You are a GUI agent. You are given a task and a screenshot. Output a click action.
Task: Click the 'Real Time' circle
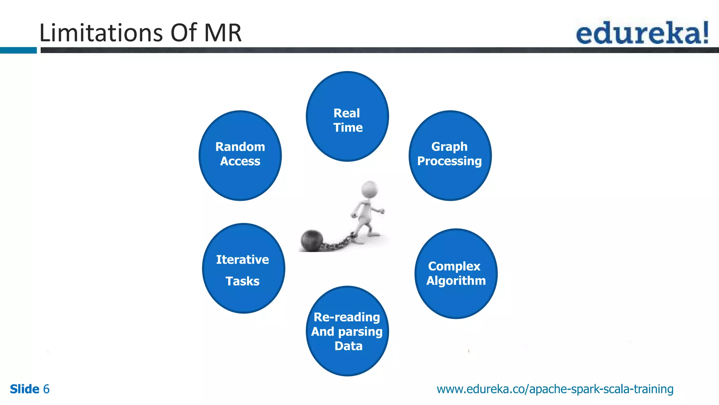pos(347,116)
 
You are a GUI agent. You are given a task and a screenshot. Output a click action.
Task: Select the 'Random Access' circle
pos(240,156)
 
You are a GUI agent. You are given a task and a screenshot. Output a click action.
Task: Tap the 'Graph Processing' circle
pos(450,156)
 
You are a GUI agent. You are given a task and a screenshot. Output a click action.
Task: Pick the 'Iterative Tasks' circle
pos(244,268)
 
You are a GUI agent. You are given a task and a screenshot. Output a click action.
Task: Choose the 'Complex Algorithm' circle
pos(456,274)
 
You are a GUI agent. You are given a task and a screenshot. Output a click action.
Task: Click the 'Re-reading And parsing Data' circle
pos(347,331)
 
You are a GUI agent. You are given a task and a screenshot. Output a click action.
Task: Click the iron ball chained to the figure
pos(312,240)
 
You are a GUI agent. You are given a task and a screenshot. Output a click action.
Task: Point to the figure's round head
pos(370,189)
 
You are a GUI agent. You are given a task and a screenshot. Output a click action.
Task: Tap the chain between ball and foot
pos(337,243)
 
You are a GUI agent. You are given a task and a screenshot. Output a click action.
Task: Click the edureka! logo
pos(642,33)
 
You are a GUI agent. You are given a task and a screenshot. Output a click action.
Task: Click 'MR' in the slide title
pos(223,33)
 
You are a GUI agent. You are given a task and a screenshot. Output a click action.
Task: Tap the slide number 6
pos(46,389)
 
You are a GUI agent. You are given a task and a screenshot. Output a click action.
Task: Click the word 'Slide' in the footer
pos(25,389)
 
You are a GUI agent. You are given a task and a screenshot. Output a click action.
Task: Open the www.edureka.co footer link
pos(555,389)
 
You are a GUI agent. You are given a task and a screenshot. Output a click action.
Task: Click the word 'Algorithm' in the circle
pos(456,281)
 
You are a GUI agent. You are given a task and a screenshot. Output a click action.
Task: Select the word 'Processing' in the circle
pos(449,161)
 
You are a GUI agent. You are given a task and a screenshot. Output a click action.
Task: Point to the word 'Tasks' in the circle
pos(243,281)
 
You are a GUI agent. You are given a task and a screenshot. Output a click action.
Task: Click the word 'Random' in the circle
pos(240,147)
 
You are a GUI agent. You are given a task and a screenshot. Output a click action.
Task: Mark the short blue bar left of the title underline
pos(18,50)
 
